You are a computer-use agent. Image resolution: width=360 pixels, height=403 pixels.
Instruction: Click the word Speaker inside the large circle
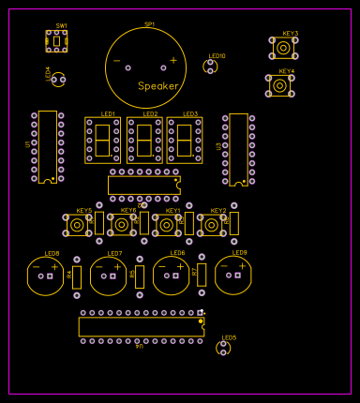(157, 86)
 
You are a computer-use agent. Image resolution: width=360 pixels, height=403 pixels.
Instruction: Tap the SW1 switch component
(57, 40)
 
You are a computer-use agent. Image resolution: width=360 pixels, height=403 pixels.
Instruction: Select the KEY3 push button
(283, 47)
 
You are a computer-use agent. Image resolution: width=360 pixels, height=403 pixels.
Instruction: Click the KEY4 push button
(279, 85)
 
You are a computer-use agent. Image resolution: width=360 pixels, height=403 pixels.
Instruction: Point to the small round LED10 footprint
(210, 67)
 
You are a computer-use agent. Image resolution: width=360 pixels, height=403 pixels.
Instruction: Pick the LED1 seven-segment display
(102, 140)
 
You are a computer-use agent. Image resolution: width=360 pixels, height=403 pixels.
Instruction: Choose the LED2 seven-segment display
(144, 140)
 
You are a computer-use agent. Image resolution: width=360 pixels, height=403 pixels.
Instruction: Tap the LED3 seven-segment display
(185, 140)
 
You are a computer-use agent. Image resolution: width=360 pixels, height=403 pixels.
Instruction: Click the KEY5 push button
(77, 225)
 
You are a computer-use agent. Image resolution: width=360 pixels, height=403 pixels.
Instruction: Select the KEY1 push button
(167, 225)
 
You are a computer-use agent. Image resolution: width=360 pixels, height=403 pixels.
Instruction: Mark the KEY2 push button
(212, 225)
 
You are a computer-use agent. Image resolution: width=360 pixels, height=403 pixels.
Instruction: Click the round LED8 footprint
(45, 276)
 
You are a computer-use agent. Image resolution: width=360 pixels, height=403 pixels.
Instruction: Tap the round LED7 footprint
(108, 276)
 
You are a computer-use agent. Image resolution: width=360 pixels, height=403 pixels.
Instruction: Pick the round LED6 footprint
(171, 276)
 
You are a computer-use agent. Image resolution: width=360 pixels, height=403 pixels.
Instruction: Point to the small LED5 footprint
(223, 348)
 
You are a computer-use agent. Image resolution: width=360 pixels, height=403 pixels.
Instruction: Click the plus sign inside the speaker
(173, 60)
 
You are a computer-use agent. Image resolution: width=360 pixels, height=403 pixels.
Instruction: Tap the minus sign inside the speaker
(116, 61)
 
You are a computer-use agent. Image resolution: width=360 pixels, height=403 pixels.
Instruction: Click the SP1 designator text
(150, 24)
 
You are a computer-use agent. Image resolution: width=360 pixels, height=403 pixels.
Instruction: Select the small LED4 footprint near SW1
(58, 80)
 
